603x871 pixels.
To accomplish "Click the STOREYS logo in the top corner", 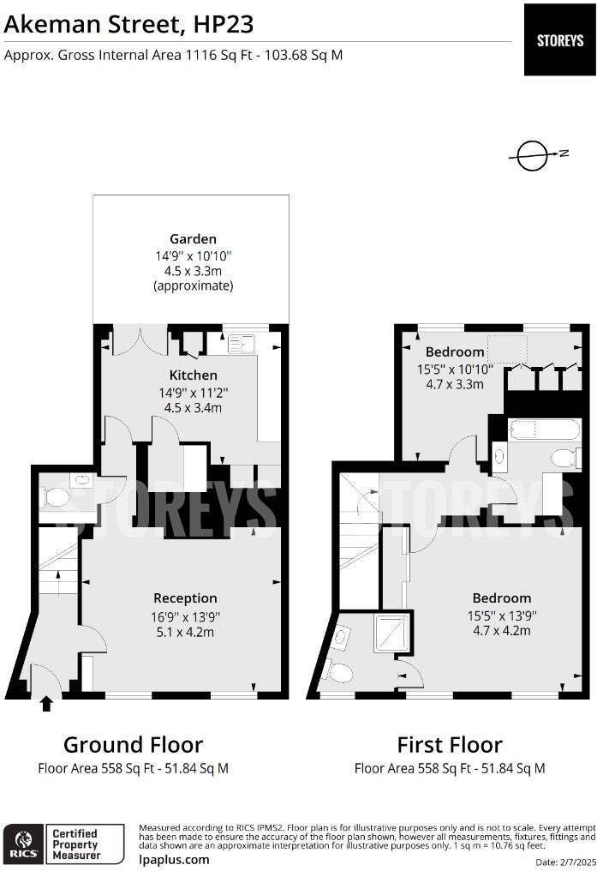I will point(559,40).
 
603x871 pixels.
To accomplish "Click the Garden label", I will point(193,239).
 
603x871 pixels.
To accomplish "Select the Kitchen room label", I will point(193,375).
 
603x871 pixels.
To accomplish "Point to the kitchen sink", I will point(244,344).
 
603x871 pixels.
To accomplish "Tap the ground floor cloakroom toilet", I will point(58,498).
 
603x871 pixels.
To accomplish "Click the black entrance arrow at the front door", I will point(46,704).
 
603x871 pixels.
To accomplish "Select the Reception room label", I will point(185,598).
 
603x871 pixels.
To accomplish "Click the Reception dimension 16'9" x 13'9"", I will point(185,616).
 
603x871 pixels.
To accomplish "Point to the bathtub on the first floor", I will point(544,429).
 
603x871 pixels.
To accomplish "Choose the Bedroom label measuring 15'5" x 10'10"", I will point(455,351).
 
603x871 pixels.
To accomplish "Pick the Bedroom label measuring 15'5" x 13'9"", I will point(502,598).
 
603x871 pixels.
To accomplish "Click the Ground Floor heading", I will point(133,744).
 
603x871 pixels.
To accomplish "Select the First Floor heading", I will point(450,744).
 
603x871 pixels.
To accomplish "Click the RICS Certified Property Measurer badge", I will point(55,844).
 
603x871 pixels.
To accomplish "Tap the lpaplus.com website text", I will point(174,859).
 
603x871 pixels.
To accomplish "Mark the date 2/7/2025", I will point(565,861).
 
